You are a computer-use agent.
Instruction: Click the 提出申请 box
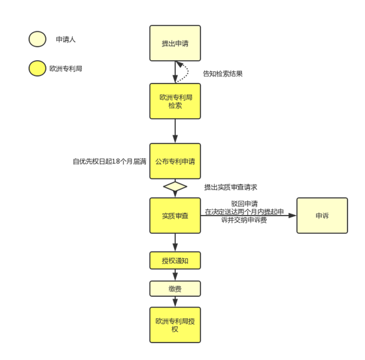[175, 43]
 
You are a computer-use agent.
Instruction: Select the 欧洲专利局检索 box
[175, 101]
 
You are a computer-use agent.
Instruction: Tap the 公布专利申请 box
[175, 161]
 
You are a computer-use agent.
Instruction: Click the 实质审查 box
[175, 216]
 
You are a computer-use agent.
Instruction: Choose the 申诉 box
[322, 216]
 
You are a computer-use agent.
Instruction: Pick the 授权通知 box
[175, 261]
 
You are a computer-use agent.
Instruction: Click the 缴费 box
[175, 289]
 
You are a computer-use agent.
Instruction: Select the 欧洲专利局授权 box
[175, 325]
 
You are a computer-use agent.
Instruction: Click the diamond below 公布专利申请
[175, 186]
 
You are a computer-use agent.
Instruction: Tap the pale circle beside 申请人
[37, 39]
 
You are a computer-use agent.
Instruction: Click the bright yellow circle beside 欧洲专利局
[37, 69]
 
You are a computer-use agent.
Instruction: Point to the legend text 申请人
[65, 39]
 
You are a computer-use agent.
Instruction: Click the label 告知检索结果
[223, 74]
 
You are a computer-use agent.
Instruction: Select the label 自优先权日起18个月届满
[109, 161]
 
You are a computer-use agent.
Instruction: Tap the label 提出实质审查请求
[230, 187]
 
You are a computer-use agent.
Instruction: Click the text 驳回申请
[245, 204]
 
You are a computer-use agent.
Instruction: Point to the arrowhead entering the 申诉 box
[292, 216]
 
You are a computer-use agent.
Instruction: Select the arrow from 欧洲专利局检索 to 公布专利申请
[175, 131]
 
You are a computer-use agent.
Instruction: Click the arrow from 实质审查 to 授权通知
[175, 242]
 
